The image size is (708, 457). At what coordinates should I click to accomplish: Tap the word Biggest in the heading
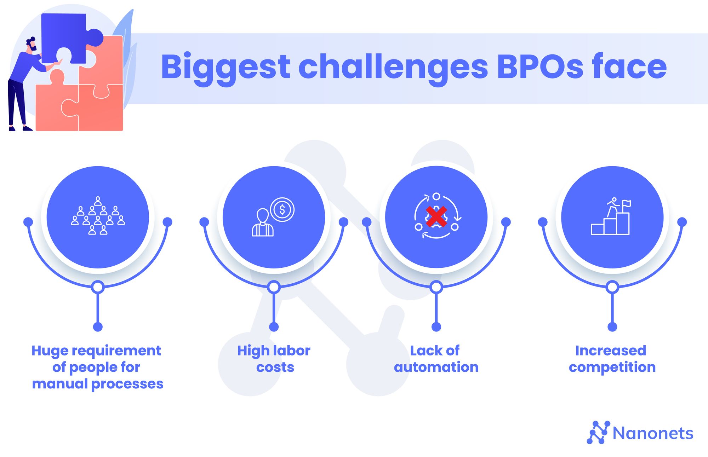(225, 69)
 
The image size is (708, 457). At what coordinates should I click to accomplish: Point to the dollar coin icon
(282, 210)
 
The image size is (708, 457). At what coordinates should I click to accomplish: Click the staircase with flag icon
(611, 216)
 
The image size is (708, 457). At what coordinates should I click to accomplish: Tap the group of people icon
(98, 216)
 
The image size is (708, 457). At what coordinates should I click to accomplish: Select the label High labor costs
(274, 359)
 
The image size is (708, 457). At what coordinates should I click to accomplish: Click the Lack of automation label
(436, 359)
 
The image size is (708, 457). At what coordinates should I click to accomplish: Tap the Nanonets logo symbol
(598, 432)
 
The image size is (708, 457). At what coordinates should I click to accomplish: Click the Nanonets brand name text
(653, 433)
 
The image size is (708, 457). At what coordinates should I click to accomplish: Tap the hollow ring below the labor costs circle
(274, 287)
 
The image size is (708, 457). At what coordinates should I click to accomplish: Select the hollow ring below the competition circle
(612, 287)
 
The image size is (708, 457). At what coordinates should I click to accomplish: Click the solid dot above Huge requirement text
(98, 327)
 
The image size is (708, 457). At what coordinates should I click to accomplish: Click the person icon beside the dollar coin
(263, 222)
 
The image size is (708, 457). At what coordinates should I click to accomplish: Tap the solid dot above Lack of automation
(436, 327)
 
